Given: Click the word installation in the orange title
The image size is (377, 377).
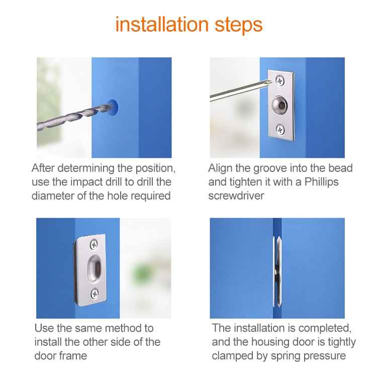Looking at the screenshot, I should (x=161, y=24).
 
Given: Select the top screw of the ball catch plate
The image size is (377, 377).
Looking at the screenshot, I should (x=279, y=78).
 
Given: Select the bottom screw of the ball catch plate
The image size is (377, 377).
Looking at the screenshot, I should (x=280, y=130).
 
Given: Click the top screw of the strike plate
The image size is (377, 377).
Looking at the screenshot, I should (x=94, y=244).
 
